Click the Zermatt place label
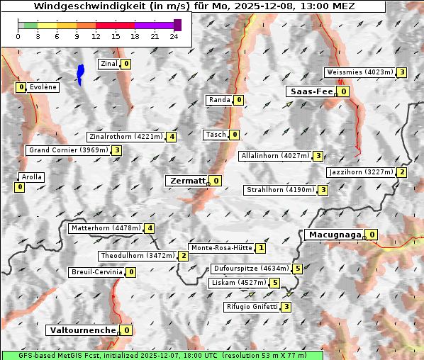pos(187,181)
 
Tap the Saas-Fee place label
pos(310,91)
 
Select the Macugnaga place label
pos(334,235)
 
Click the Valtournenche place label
pos(82,330)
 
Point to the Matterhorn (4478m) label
pos(105,228)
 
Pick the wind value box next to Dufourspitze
pos(298,269)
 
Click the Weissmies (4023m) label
pos(359,72)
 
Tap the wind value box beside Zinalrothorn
pos(171,137)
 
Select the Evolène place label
pos(43,87)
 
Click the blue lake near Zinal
pos(80,74)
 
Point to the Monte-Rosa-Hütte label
pos(222,248)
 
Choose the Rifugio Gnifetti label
pos(251,307)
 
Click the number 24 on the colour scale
pos(174,36)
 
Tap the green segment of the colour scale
pos(30,25)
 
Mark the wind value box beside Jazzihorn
pos(402,172)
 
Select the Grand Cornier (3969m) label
pos(68,150)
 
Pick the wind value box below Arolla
pos(19,187)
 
